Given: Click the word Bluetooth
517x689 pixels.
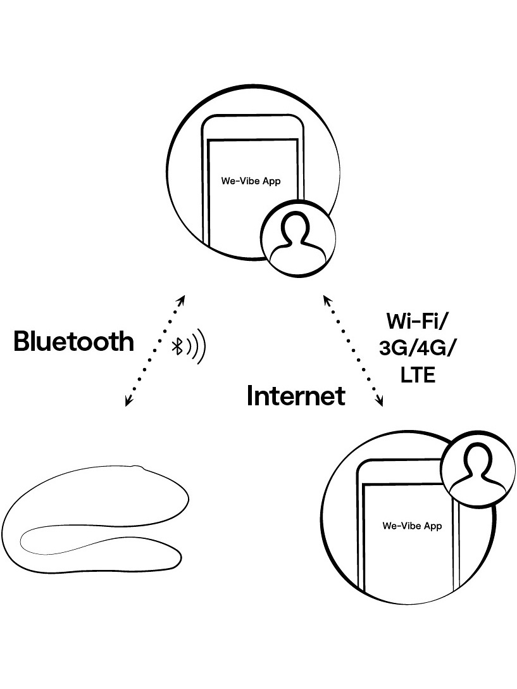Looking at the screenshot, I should click(74, 342).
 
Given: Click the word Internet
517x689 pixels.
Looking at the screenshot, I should click(296, 396).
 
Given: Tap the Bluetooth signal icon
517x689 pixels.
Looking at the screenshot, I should click(189, 346).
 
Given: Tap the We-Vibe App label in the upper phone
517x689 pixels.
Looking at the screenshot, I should click(251, 181).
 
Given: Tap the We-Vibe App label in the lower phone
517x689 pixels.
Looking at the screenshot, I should click(412, 526).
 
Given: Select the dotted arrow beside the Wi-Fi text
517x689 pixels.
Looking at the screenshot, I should click(353, 350).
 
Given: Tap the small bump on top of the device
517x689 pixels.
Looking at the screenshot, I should click(139, 468).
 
